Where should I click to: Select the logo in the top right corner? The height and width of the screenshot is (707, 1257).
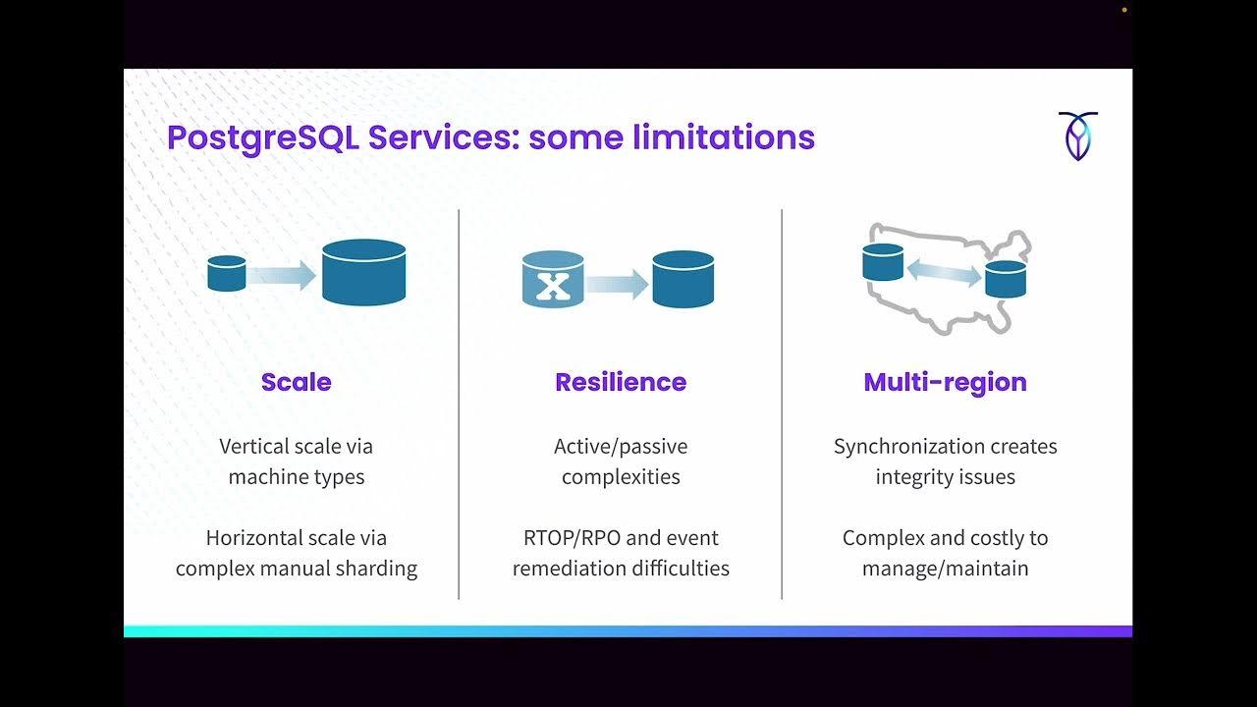point(1077,136)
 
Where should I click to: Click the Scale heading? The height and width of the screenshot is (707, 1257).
point(296,382)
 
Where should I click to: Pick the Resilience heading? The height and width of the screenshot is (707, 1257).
point(621,382)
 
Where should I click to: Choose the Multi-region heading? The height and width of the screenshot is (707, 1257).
point(945,382)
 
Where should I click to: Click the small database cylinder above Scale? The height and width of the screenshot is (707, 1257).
point(227,273)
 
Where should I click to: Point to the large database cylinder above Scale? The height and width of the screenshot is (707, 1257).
point(364,272)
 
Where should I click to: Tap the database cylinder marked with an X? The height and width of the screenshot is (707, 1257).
point(553,279)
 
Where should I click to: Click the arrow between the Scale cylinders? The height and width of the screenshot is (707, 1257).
point(282,275)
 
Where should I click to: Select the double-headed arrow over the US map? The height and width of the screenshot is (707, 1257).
point(944,271)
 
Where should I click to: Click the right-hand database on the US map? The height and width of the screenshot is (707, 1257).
point(1006,279)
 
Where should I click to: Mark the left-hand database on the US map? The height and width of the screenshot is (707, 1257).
point(883,262)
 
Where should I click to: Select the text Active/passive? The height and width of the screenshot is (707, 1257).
point(621,447)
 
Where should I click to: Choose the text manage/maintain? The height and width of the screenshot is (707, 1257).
point(945,569)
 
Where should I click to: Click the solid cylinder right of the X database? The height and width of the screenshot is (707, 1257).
point(683,279)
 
